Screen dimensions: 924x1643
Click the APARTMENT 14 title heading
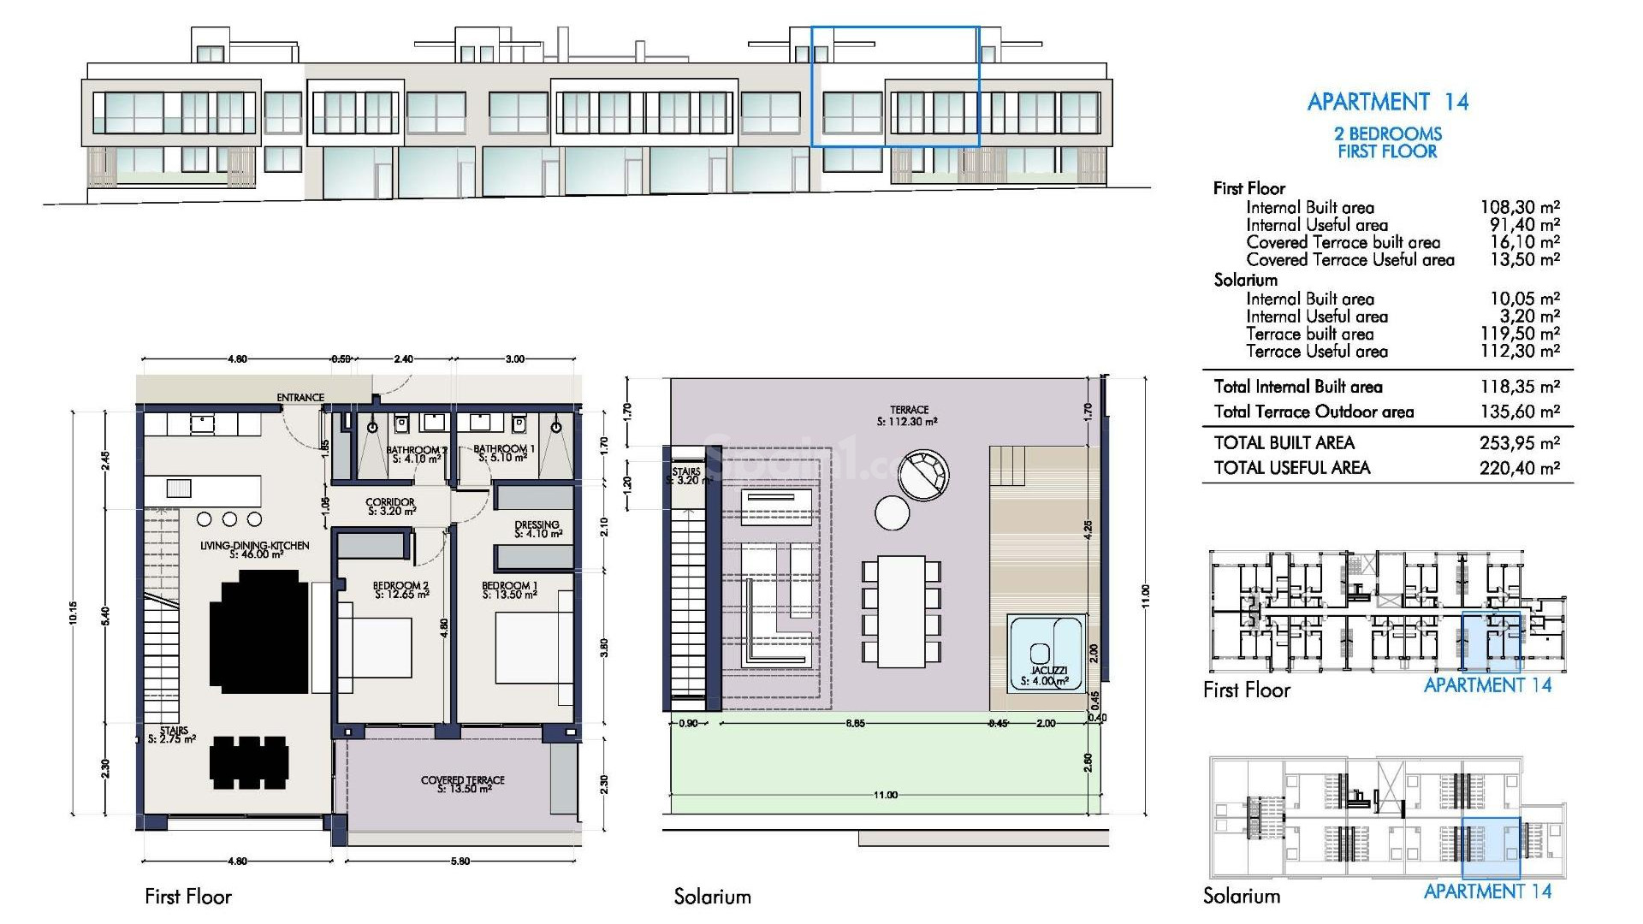[x=1387, y=102]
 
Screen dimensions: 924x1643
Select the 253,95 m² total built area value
[x=1519, y=443]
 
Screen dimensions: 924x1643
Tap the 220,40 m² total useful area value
[x=1519, y=468]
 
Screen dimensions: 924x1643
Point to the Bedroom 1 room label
[x=509, y=590]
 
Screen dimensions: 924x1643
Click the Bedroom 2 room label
[x=400, y=590]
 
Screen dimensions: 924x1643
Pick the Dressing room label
[x=537, y=529]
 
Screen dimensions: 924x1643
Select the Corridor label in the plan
[x=390, y=506]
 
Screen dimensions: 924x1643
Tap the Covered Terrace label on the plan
[x=463, y=784]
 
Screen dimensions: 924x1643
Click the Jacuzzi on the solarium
[x=1047, y=659]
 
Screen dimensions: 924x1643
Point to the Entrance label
[x=300, y=397]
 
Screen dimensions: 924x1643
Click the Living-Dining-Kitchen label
[x=255, y=549]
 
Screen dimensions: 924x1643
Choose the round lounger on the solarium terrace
[x=923, y=476]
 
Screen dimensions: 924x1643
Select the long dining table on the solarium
[x=900, y=611]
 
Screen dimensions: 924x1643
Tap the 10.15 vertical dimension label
[x=74, y=613]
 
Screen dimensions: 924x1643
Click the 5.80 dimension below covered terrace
[x=460, y=861]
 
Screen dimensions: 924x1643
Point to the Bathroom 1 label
[x=504, y=453]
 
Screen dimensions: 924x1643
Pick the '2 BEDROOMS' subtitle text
[x=1387, y=133]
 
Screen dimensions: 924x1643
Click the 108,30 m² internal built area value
[x=1519, y=207]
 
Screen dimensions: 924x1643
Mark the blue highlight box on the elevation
[x=894, y=86]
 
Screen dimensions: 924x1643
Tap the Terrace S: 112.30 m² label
[x=908, y=416]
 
